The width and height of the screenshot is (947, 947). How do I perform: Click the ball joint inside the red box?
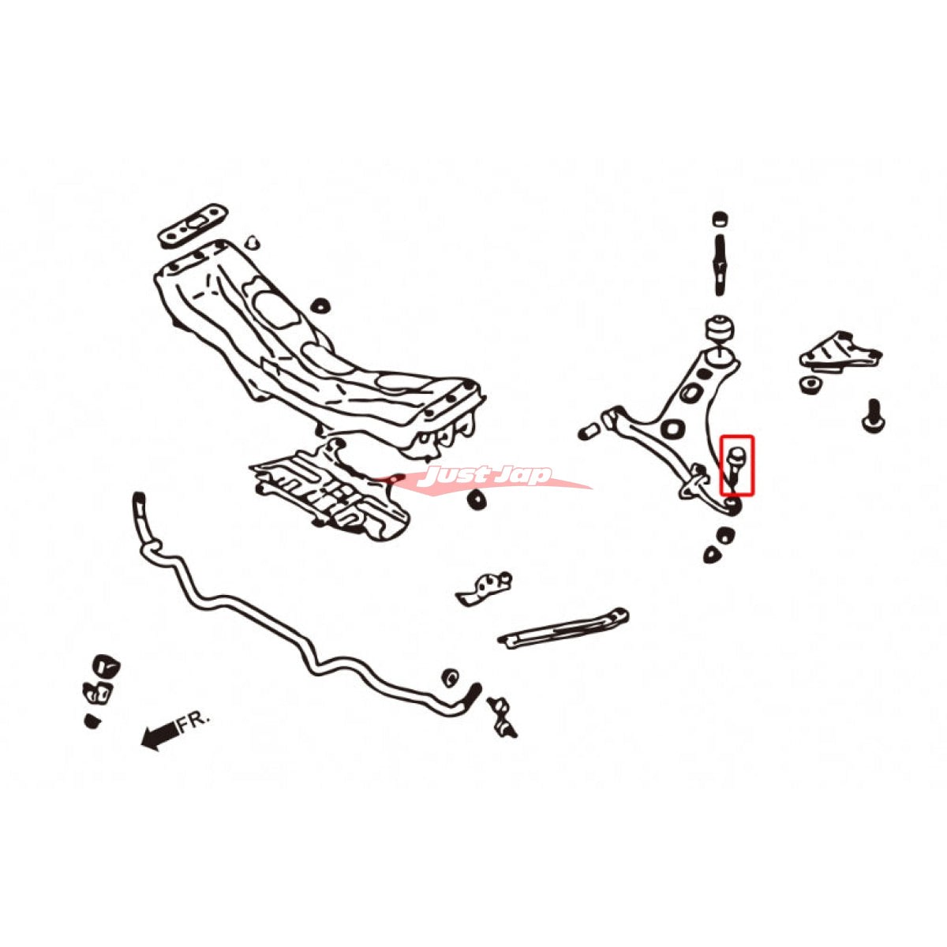click(x=736, y=463)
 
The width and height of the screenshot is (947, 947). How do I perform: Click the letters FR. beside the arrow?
click(x=193, y=723)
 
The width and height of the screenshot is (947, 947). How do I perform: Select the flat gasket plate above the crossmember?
click(x=193, y=225)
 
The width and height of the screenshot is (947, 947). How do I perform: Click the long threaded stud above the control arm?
click(x=720, y=265)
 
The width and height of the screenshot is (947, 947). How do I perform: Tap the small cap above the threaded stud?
click(x=720, y=219)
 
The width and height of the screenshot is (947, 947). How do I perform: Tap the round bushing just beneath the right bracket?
click(x=810, y=384)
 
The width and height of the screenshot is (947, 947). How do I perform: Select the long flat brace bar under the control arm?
click(x=563, y=628)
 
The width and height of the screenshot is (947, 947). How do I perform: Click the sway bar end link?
click(x=501, y=717)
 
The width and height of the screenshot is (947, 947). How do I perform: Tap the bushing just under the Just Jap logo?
click(x=476, y=500)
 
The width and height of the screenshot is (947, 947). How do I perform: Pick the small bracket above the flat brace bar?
click(x=484, y=588)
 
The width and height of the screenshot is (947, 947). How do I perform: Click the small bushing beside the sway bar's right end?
click(x=450, y=677)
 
